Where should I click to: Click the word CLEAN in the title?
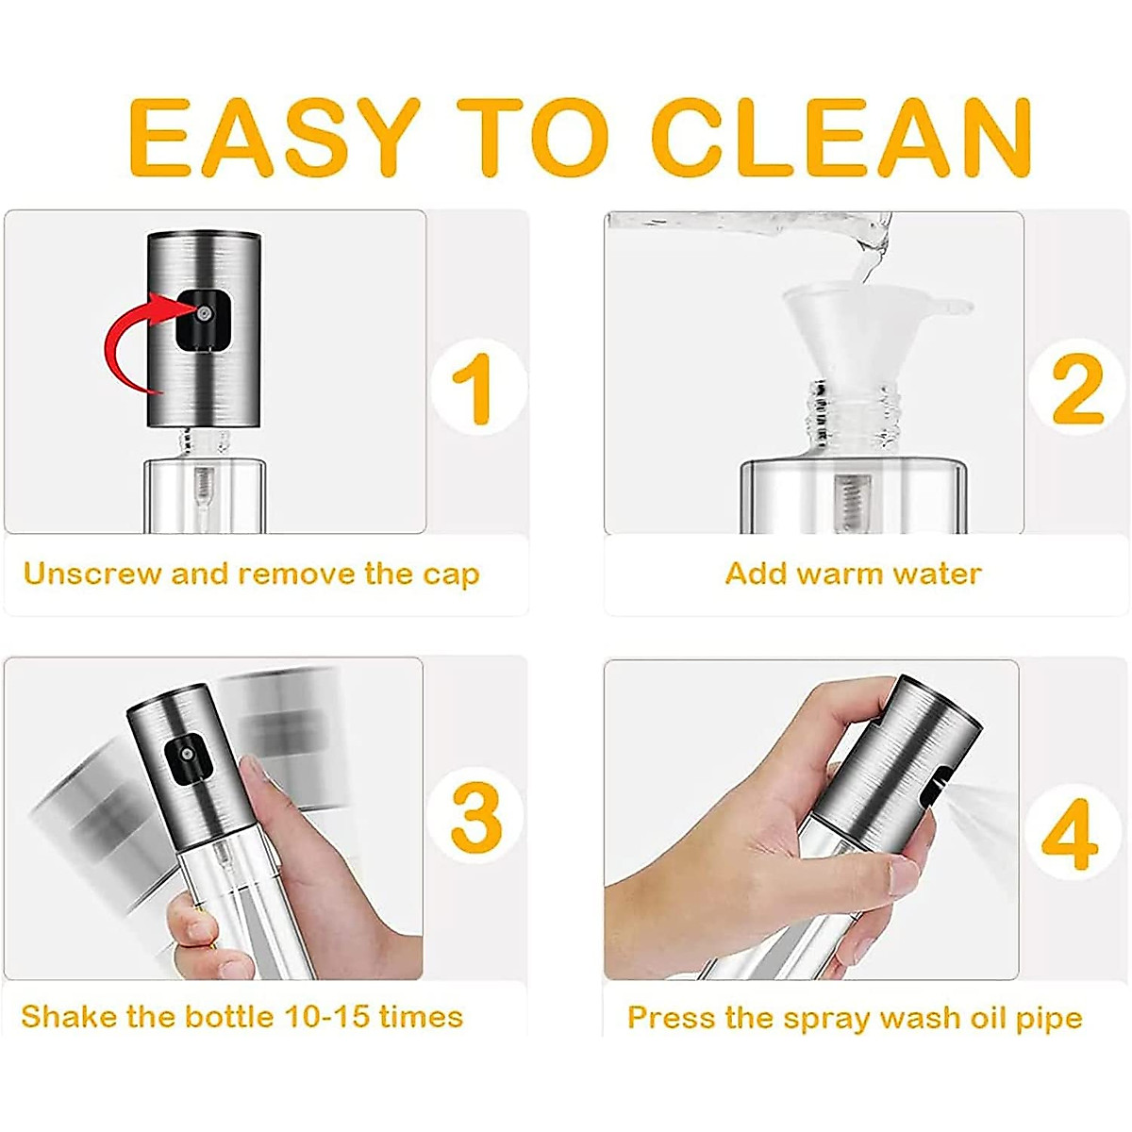[842, 138]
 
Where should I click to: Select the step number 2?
[1078, 389]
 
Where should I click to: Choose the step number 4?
[1071, 834]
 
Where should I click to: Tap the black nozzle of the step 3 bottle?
[188, 757]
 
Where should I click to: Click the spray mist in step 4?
[987, 823]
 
